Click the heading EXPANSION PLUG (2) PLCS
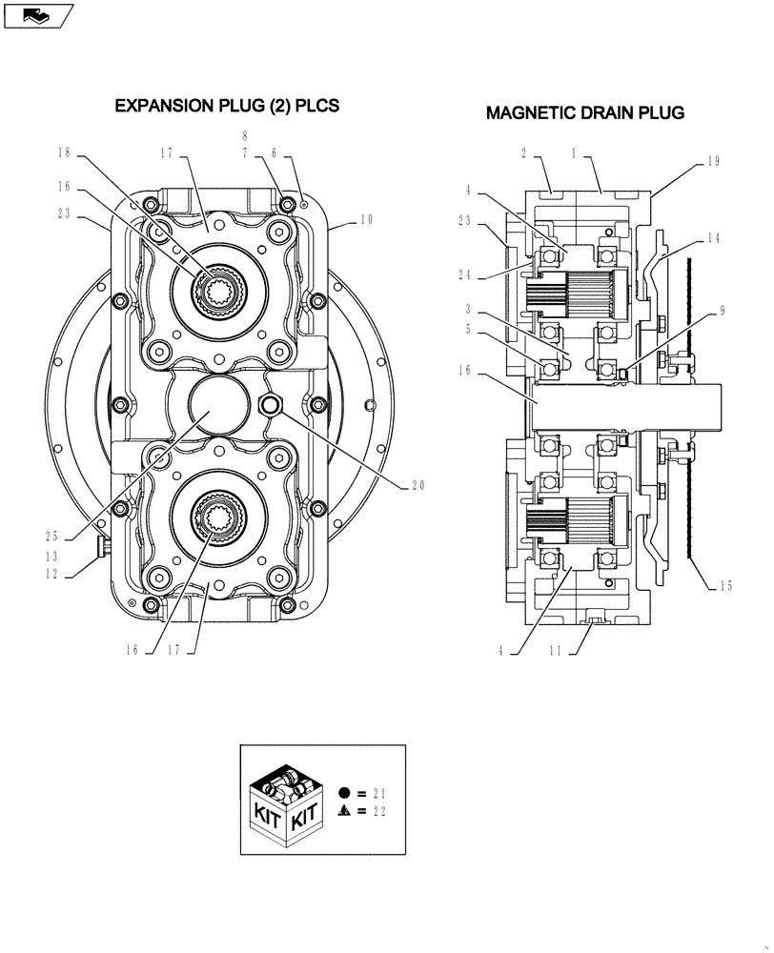[x=227, y=106]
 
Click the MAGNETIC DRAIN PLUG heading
[x=584, y=113]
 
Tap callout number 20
[x=417, y=484]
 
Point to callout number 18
[x=64, y=152]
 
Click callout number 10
[x=366, y=220]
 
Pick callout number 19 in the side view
[x=713, y=163]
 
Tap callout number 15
[x=725, y=586]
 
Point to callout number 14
[x=713, y=238]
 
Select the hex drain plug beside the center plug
[x=270, y=404]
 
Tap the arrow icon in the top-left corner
[x=36, y=14]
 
